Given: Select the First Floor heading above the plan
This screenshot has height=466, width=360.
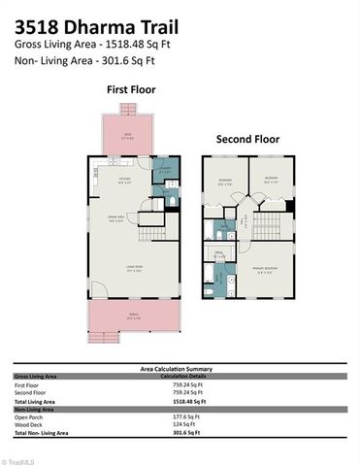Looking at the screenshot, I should (131, 89).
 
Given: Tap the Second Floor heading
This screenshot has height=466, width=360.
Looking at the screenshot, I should (248, 139).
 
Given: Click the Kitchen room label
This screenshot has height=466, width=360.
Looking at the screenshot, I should (125, 181).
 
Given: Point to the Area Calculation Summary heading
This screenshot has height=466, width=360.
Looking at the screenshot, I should (180, 369).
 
